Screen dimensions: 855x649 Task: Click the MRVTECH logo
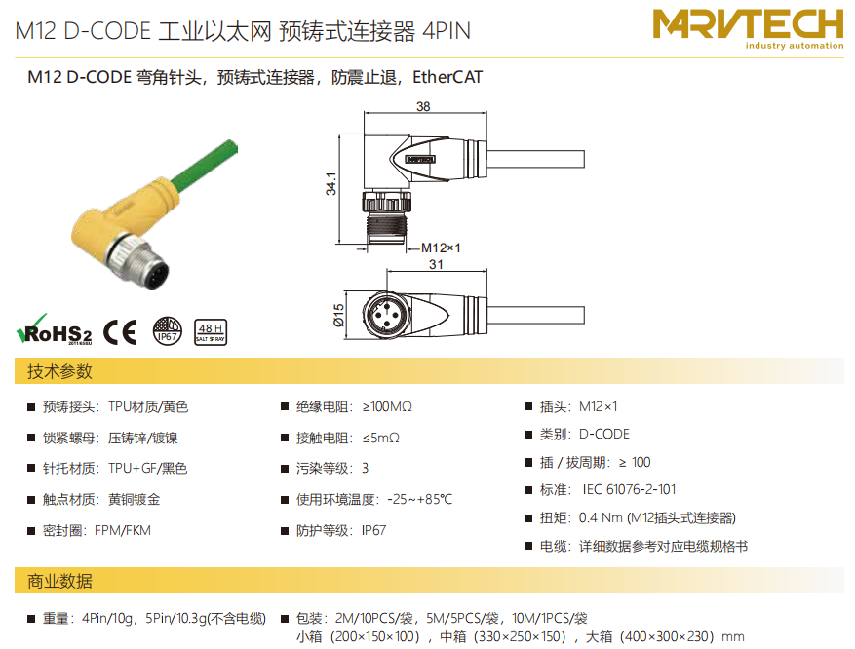coord(748,29)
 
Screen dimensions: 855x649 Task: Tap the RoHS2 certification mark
coord(54,329)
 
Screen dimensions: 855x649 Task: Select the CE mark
coord(120,332)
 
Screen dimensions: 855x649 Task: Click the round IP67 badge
coord(167,331)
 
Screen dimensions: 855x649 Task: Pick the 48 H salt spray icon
coord(211,332)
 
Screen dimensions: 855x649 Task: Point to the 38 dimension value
coord(423,106)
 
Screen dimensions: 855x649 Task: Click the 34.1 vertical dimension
coord(331,183)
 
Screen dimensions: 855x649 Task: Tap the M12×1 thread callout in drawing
coord(441,248)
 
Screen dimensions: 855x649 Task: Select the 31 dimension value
coord(436,264)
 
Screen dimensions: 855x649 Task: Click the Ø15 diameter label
coord(338,316)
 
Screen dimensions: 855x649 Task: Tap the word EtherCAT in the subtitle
coord(447,77)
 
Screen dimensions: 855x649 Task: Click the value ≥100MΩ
coord(387,407)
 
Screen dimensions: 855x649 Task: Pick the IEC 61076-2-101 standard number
coord(629,489)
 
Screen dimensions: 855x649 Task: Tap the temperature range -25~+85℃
coord(419,499)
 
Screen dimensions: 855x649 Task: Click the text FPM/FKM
coord(123,530)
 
